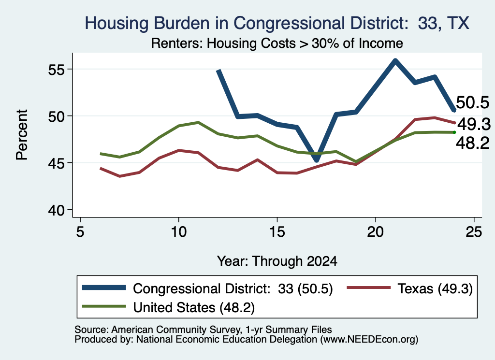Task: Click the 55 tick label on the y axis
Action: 56,70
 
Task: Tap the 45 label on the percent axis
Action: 56,163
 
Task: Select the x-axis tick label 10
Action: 179,232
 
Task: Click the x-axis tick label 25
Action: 474,232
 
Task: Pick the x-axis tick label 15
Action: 277,232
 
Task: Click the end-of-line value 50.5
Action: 473,103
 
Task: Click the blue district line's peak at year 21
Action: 395,60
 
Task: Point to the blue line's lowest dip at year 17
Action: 317,160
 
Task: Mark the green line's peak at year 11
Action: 198,122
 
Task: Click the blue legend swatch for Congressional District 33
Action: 104,288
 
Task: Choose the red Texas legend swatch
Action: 369,288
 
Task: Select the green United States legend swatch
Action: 104,306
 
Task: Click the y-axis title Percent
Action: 22,135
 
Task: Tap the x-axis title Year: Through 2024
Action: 277,261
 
